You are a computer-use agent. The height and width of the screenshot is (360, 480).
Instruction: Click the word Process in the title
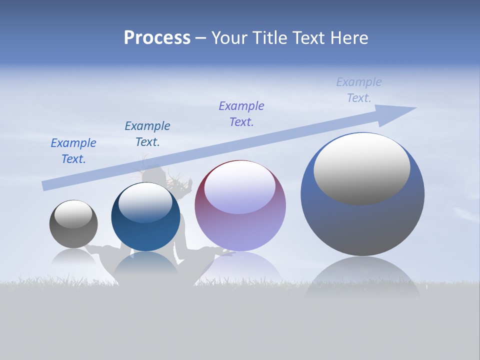(157, 38)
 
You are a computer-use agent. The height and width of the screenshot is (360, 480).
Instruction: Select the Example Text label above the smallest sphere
(73, 151)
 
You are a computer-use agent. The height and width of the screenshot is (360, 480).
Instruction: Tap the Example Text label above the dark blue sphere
(147, 134)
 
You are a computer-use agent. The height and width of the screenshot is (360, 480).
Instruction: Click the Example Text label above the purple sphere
(241, 114)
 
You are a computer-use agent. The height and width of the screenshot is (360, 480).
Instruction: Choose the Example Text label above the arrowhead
(359, 90)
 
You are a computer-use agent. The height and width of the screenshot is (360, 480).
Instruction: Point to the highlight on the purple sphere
(239, 187)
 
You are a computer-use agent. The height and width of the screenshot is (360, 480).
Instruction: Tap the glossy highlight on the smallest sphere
(73, 214)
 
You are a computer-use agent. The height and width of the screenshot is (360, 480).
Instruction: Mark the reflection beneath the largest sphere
(362, 277)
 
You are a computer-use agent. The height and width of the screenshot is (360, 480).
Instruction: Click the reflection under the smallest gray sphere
(73, 257)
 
